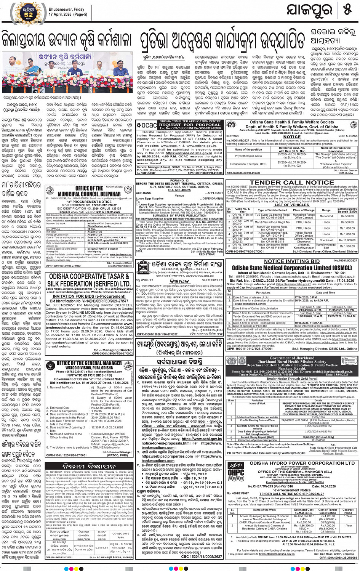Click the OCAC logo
(147, 125)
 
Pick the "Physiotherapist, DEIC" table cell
(248, 156)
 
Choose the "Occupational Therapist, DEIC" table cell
(248, 164)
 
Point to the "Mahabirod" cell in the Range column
(326, 216)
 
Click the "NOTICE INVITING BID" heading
(292, 261)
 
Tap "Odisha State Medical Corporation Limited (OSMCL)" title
(292, 268)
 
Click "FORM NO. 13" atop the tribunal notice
(179, 181)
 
